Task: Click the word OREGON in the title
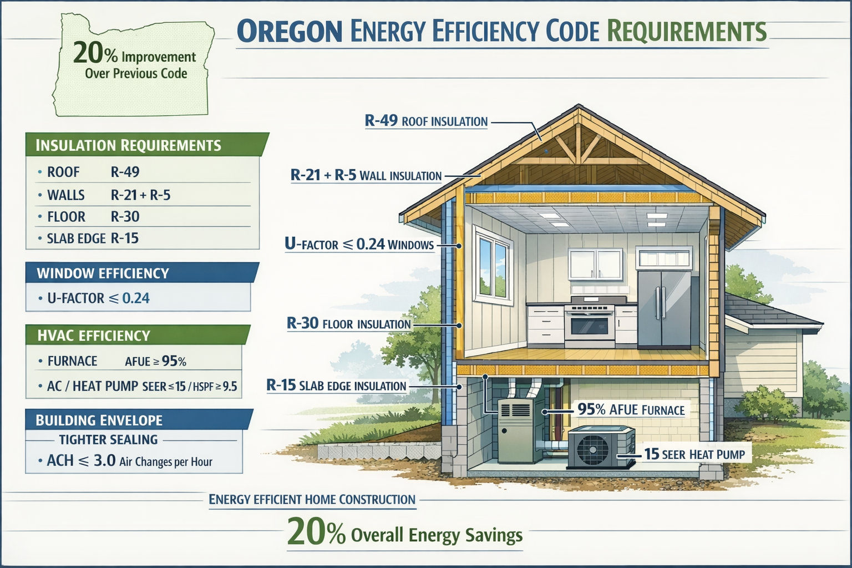(x=290, y=31)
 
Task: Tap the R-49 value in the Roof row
(x=125, y=172)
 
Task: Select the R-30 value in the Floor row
(x=125, y=217)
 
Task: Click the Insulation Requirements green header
(x=128, y=145)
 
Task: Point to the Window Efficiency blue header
(x=103, y=273)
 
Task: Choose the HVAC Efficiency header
(x=94, y=336)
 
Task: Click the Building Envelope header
(x=99, y=420)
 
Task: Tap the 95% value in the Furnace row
(x=174, y=362)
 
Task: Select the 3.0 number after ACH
(x=104, y=460)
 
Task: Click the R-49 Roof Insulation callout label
(x=426, y=121)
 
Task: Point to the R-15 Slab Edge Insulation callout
(x=336, y=386)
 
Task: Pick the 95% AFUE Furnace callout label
(x=631, y=410)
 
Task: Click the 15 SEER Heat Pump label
(x=694, y=454)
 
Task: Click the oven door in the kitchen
(x=589, y=326)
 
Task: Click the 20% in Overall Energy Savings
(x=316, y=533)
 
